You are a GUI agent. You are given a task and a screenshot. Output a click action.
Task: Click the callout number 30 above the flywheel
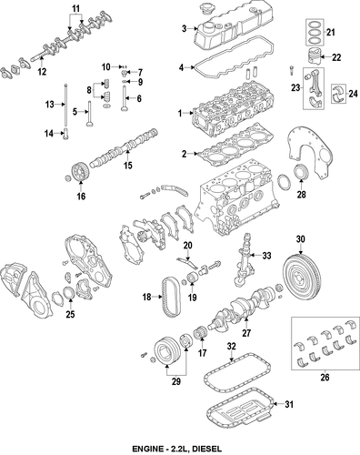tap(300, 239)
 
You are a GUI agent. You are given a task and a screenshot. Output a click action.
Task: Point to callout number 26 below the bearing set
tap(325, 377)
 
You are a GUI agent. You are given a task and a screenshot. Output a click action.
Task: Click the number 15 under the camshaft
tap(128, 166)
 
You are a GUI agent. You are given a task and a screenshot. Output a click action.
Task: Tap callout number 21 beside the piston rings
tap(331, 32)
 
